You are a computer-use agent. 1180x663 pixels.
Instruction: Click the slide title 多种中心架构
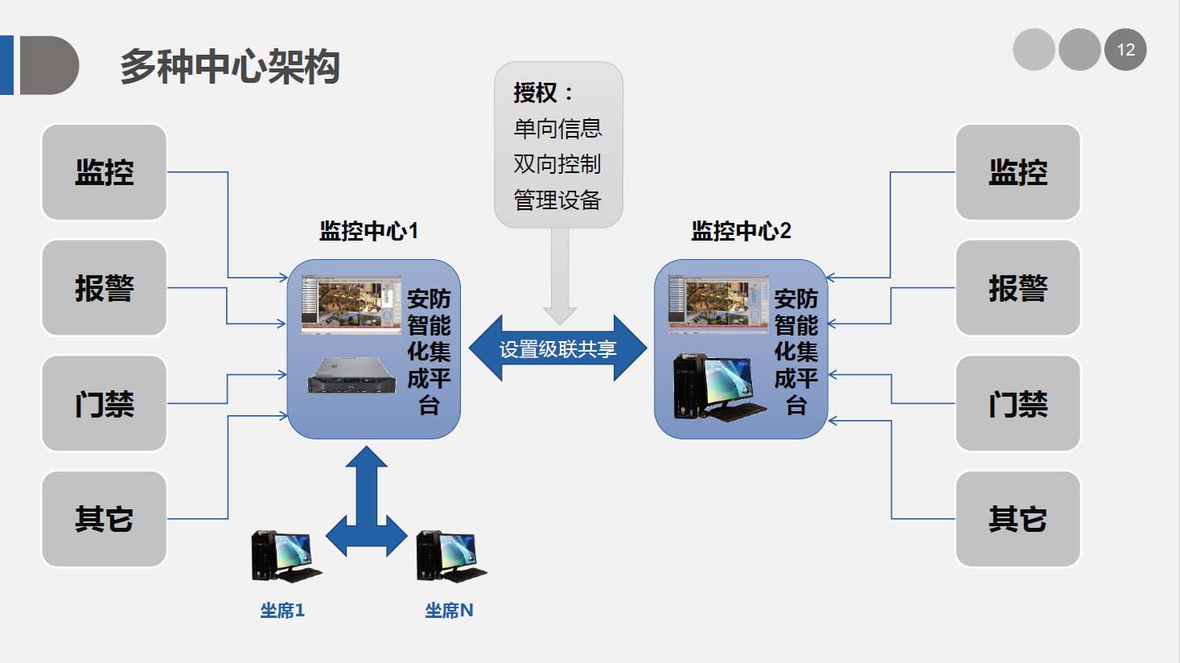(229, 67)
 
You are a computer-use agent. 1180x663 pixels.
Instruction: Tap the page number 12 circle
(1124, 50)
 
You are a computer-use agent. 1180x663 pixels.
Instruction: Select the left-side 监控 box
(104, 172)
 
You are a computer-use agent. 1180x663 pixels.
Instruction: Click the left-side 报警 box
(104, 288)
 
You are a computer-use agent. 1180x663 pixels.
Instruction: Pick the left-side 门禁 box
(104, 403)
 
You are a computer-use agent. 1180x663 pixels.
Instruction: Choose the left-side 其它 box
(104, 519)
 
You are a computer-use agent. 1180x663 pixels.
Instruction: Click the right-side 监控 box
(1018, 172)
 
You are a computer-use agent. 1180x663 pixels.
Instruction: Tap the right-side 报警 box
(1018, 288)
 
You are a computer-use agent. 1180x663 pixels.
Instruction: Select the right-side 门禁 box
(1018, 403)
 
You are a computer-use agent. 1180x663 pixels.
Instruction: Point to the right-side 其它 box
(1018, 519)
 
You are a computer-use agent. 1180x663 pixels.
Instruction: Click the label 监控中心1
(368, 232)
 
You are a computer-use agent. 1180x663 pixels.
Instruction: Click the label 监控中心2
(741, 232)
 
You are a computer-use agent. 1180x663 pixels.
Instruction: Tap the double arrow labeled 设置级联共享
(557, 349)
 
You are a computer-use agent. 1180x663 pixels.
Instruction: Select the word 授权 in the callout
(535, 93)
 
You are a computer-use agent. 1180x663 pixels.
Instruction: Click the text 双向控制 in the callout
(557, 164)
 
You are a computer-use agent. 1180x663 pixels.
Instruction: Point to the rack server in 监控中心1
(352, 374)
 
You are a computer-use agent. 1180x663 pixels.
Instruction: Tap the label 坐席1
(282, 611)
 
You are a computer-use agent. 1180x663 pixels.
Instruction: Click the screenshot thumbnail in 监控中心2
(717, 304)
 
